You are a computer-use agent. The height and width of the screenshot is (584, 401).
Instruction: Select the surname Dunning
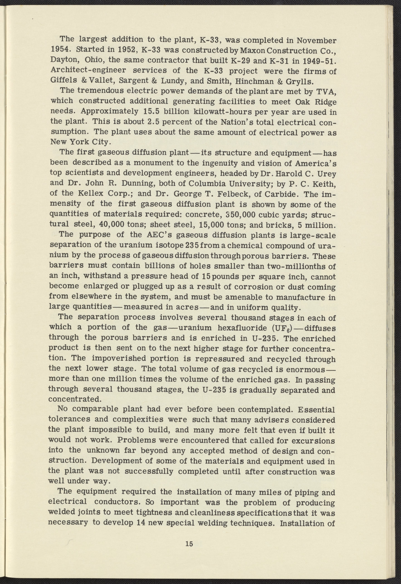pos(134,184)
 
